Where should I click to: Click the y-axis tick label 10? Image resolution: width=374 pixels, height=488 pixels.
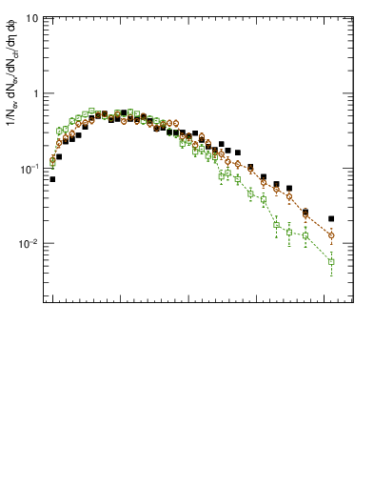32,19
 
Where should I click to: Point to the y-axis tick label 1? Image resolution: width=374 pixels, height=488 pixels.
35,93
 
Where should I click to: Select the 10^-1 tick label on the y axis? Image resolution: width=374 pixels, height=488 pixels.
30,168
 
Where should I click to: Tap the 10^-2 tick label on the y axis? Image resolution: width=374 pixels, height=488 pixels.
30,243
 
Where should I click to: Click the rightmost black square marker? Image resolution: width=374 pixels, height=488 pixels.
331,218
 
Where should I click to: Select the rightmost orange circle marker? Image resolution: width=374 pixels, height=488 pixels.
331,234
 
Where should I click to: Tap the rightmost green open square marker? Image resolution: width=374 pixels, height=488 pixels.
331,261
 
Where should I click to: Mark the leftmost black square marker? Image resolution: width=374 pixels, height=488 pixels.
52,179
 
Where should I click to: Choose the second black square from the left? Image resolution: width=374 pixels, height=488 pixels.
59,156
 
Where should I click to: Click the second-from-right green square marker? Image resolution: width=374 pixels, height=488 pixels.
305,235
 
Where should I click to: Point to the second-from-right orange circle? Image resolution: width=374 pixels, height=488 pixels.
305,214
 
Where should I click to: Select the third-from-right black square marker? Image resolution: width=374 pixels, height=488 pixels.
289,189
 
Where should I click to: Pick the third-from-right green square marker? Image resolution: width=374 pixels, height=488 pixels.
289,232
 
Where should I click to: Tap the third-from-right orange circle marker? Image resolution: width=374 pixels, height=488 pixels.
289,198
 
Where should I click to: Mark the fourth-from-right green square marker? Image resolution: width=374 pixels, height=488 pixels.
276,225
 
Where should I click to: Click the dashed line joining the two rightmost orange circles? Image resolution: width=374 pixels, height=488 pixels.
319,225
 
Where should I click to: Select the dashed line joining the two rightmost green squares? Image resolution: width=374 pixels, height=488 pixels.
319,249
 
